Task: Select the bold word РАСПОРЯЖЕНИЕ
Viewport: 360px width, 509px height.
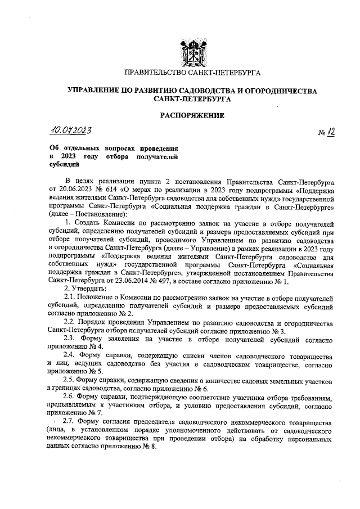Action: (x=192, y=116)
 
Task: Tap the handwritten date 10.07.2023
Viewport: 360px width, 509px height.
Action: (x=70, y=130)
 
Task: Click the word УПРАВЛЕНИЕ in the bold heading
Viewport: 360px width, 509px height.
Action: (x=94, y=90)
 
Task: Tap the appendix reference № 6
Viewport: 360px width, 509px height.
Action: (x=202, y=388)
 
